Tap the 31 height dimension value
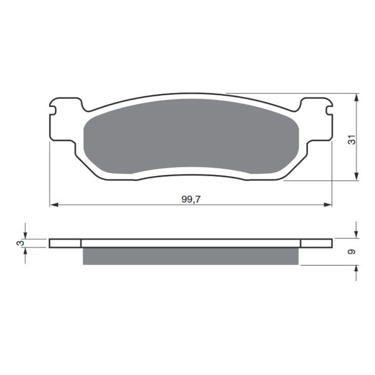(353, 140)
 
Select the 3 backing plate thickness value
(21, 243)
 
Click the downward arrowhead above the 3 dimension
(24, 235)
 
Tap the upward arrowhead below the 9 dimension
(356, 268)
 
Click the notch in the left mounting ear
(53, 109)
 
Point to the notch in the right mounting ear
(329, 109)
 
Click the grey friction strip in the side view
(191, 256)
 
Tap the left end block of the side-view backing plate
(65, 243)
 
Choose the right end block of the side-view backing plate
(317, 243)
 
